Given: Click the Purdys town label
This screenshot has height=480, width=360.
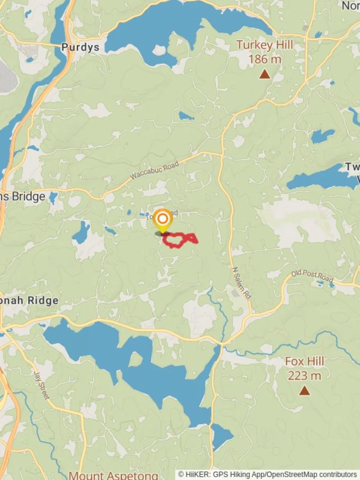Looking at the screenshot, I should click(x=80, y=47).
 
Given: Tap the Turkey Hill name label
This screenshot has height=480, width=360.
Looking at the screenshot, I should click(x=264, y=45).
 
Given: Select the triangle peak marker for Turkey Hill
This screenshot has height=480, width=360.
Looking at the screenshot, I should click(x=264, y=74).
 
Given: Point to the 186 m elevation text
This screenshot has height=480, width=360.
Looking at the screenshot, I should click(x=264, y=59).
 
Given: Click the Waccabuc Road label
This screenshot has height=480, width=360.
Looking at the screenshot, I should click(x=154, y=170).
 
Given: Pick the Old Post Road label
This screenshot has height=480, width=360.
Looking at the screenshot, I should click(x=312, y=276).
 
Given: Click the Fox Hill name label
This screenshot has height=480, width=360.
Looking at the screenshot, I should click(x=304, y=361).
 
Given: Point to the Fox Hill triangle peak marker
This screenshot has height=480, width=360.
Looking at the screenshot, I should click(x=304, y=391).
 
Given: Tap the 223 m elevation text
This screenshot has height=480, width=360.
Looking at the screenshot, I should click(x=304, y=376).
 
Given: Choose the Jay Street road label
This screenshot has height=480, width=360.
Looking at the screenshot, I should click(x=41, y=385).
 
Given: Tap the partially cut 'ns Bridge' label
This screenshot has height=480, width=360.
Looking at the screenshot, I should click(x=23, y=196).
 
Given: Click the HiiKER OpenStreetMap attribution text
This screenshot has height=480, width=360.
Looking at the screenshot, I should click(x=268, y=475).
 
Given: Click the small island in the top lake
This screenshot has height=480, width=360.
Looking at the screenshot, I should click(x=159, y=50).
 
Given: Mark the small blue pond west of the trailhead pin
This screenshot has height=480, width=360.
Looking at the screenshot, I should click(x=81, y=232).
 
